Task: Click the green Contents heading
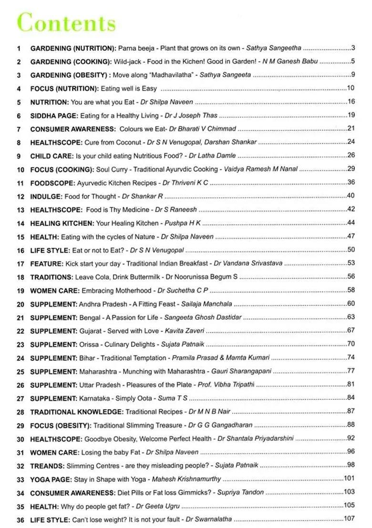[66, 23]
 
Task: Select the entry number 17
[20, 264]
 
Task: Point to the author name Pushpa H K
[183, 223]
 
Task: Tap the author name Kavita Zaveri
[185, 331]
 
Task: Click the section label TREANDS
[47, 466]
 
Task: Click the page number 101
[350, 478]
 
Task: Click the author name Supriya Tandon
[240, 492]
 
